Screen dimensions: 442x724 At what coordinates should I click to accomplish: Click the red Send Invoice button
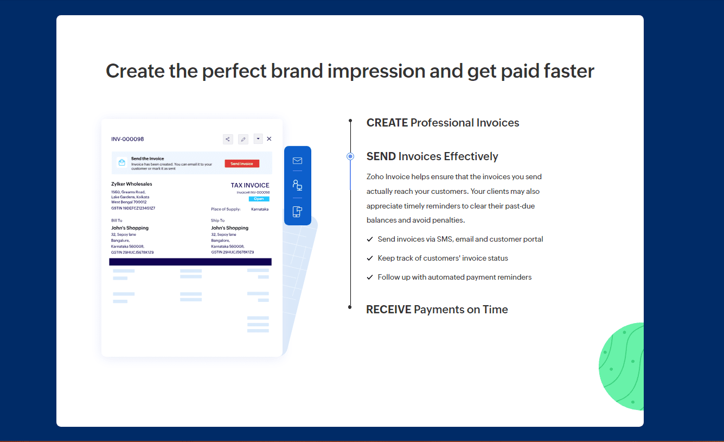(x=242, y=163)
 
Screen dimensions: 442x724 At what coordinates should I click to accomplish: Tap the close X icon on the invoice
(x=269, y=139)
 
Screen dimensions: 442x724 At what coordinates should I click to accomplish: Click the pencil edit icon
(x=243, y=139)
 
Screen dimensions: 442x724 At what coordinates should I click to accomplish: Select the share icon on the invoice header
(x=228, y=139)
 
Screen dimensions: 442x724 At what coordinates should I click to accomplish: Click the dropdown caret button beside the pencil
(x=258, y=139)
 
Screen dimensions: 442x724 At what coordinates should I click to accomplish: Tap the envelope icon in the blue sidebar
(x=297, y=161)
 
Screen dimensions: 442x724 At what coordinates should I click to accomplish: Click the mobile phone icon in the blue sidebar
(x=297, y=212)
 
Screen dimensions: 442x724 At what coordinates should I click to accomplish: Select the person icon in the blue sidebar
(x=297, y=185)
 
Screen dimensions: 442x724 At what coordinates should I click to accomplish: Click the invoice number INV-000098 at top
(x=127, y=139)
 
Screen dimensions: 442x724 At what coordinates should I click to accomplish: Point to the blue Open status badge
(x=259, y=199)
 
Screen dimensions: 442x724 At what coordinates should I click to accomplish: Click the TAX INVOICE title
(x=250, y=185)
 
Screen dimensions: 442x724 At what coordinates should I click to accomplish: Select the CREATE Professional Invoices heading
(x=443, y=123)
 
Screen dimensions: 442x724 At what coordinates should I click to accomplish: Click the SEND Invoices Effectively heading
(x=432, y=156)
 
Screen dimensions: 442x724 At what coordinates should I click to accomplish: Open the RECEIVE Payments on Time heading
(x=437, y=310)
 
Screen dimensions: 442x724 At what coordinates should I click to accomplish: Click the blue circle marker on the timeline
(x=350, y=156)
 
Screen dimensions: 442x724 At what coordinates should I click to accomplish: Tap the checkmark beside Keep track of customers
(x=370, y=258)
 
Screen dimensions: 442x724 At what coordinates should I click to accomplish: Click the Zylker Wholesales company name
(x=132, y=184)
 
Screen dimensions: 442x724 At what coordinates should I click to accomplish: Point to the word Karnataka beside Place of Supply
(x=260, y=209)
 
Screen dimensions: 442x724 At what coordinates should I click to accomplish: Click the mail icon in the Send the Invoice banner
(x=121, y=163)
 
